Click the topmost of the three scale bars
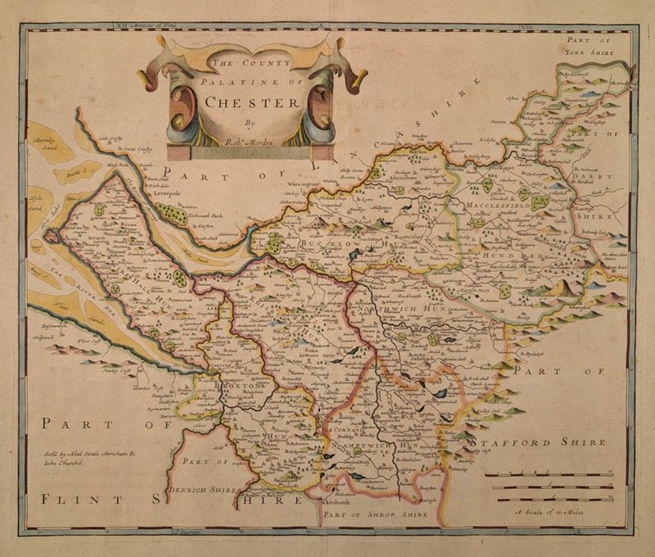coord(548,474)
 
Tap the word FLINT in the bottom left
coord(77,499)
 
